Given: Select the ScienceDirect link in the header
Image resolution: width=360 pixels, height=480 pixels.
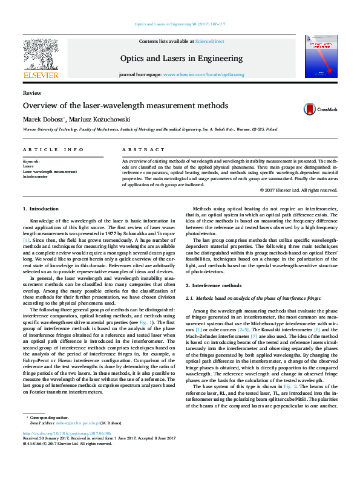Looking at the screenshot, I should (x=209, y=41).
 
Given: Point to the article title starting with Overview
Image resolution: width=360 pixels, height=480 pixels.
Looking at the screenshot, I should (x=125, y=106).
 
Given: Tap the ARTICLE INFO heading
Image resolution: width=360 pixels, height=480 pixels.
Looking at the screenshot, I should (x=53, y=149).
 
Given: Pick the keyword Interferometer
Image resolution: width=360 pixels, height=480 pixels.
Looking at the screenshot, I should (x=36, y=177).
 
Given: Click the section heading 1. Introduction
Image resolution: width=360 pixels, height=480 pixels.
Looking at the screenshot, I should (x=41, y=209).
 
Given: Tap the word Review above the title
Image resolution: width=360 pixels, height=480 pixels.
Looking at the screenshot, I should (x=31, y=93).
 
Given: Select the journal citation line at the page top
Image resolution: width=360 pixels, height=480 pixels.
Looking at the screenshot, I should (x=179, y=24).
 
